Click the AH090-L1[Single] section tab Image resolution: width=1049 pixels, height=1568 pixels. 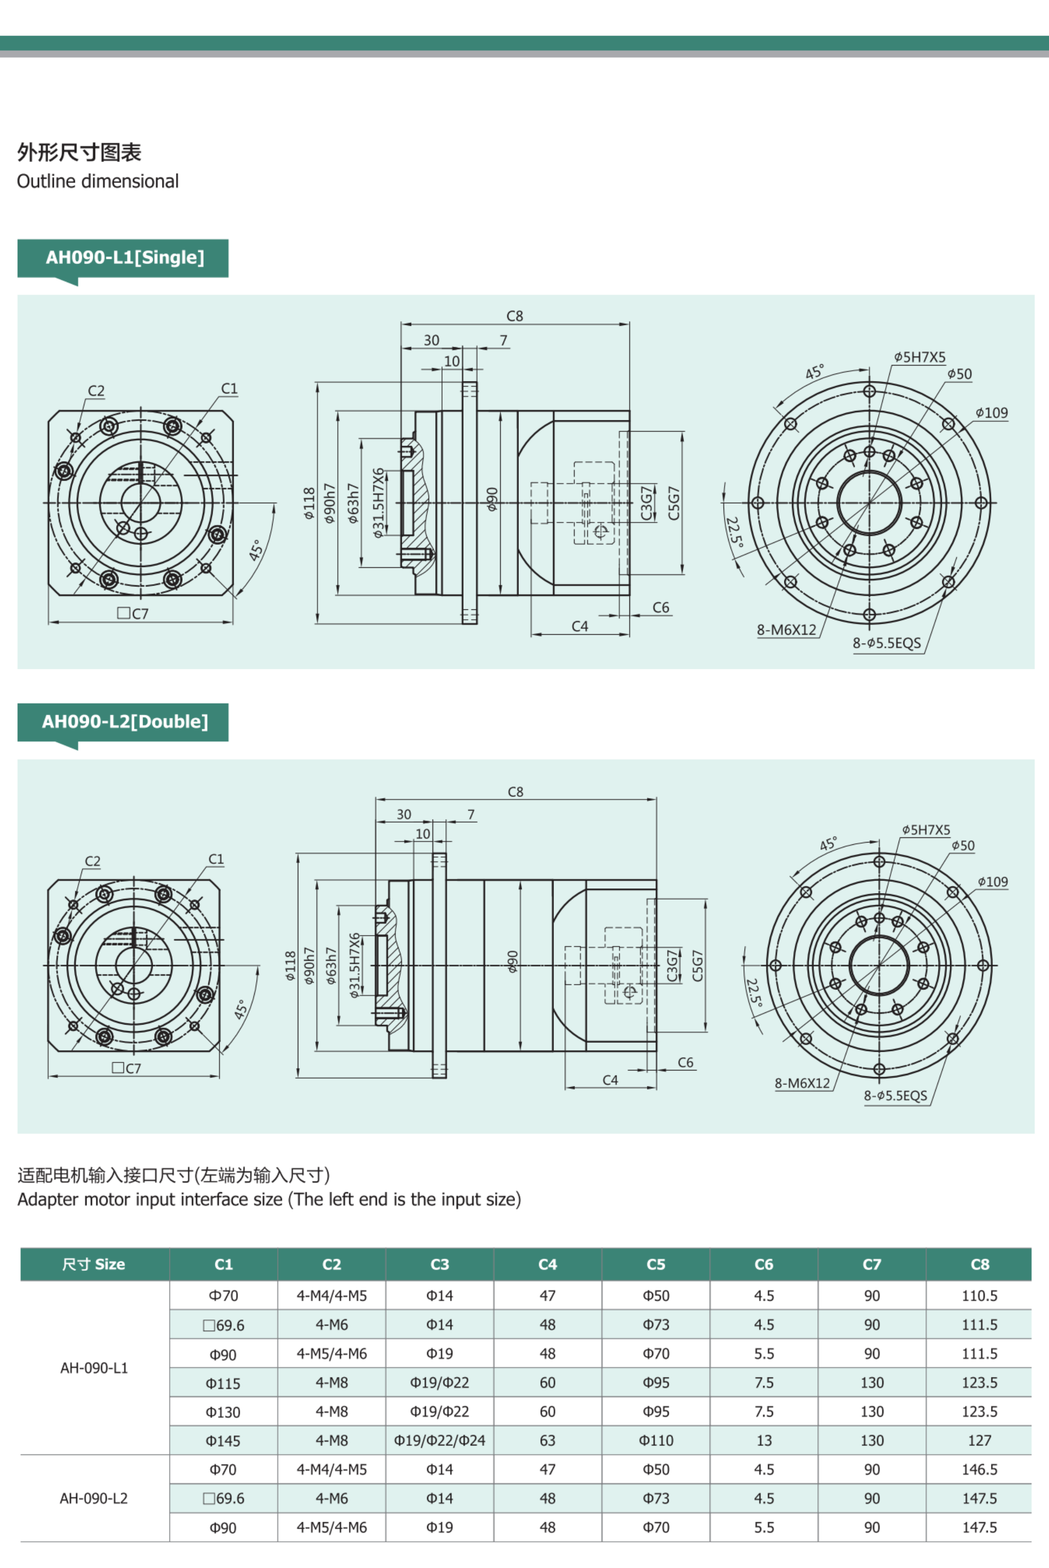[x=125, y=257]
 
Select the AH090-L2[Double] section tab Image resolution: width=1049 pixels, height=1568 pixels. [x=125, y=721]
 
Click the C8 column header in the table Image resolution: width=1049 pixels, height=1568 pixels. [x=979, y=1264]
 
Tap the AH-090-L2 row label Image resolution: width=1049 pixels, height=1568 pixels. [x=94, y=1498]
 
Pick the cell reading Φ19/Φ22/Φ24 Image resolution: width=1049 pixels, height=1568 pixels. [x=440, y=1440]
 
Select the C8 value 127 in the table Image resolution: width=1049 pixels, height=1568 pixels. [x=979, y=1440]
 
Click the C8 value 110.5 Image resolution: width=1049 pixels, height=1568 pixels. [x=979, y=1295]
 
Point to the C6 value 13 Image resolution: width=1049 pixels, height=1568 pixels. [x=764, y=1440]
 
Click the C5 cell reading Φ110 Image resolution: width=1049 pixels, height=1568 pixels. [x=656, y=1440]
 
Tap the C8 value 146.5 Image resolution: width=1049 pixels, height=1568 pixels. [x=979, y=1469]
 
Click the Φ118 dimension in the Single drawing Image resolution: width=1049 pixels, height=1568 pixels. [x=309, y=503]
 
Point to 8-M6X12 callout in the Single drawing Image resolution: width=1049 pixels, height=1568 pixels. [x=786, y=629]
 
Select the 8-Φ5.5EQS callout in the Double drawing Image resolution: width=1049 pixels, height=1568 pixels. [x=895, y=1095]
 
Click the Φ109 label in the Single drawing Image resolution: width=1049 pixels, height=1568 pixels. [x=991, y=412]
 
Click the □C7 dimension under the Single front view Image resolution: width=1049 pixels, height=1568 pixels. [x=133, y=613]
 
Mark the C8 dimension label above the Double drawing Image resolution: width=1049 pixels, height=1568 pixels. [x=515, y=791]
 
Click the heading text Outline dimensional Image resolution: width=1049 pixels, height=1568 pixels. [x=98, y=181]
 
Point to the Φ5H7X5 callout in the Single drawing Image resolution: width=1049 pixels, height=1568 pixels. [x=920, y=357]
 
